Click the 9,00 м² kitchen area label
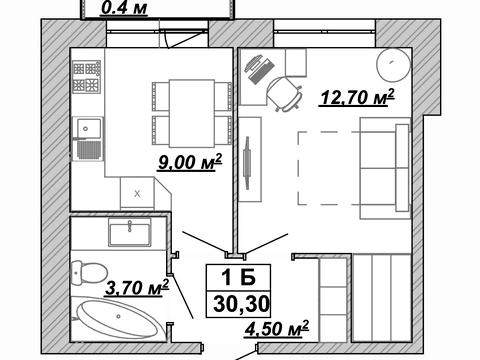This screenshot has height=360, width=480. tap(190, 162)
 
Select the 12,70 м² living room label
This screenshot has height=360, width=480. tap(357, 97)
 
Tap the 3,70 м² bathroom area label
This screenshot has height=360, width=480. tap(137, 288)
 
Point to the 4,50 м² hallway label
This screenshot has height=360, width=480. tap(276, 329)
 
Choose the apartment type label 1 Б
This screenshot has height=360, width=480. tap(239, 277)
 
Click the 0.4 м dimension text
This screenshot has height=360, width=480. tap(124, 8)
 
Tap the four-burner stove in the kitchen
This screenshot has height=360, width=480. tap(86, 77)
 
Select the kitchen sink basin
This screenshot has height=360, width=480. tap(88, 127)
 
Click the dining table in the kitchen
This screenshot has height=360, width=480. tap(192, 113)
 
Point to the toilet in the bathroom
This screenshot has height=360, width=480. tap(88, 273)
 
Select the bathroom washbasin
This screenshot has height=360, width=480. tap(129, 233)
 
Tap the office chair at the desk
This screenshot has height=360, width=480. tap(284, 93)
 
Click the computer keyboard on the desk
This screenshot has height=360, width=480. tap(261, 71)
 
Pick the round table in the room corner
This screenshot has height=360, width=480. tap(393, 64)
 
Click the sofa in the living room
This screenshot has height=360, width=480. tap(385, 168)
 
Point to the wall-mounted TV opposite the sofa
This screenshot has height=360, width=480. tap(247, 163)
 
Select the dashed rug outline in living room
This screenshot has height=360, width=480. tap(329, 168)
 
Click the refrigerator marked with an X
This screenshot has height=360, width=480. tap(137, 193)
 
